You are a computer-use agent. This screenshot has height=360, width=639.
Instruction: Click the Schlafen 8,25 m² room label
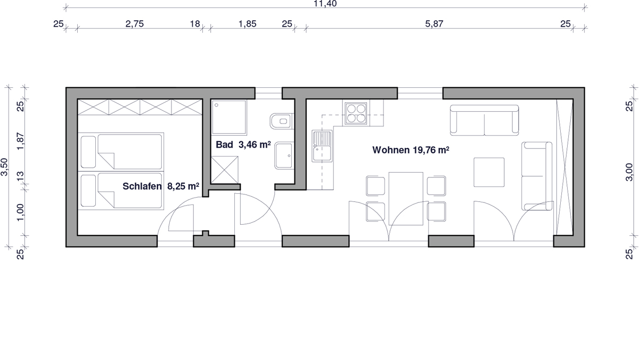click(x=161, y=186)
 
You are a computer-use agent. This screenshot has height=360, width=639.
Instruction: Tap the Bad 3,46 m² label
click(x=243, y=145)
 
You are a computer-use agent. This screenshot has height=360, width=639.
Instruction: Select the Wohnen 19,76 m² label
click(x=411, y=150)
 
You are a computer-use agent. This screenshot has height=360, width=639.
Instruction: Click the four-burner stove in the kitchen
click(x=356, y=113)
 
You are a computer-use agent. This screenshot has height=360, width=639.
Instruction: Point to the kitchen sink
click(x=322, y=146)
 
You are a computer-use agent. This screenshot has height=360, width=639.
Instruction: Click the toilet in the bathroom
click(x=282, y=121)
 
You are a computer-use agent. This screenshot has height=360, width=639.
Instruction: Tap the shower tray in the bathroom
click(x=229, y=117)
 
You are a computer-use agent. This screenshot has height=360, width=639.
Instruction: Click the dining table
click(x=406, y=199)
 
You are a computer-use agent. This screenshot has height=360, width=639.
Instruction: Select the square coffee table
click(x=489, y=173)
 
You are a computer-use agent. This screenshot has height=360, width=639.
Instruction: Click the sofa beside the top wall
click(x=485, y=120)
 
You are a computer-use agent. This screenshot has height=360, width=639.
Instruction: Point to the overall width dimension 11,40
click(x=325, y=4)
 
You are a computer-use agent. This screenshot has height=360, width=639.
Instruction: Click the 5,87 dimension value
click(x=434, y=23)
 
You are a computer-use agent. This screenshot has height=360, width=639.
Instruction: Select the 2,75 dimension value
click(x=135, y=23)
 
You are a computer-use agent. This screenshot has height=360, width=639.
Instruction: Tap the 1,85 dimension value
click(x=247, y=23)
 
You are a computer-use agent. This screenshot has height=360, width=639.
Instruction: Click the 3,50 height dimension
click(x=5, y=167)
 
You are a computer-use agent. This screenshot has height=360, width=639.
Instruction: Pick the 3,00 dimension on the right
click(x=629, y=172)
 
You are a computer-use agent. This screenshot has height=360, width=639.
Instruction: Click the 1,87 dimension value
click(x=21, y=141)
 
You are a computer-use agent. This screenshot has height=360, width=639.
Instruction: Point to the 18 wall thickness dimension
click(x=195, y=23)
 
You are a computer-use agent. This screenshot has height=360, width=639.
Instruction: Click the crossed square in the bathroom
click(x=225, y=170)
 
